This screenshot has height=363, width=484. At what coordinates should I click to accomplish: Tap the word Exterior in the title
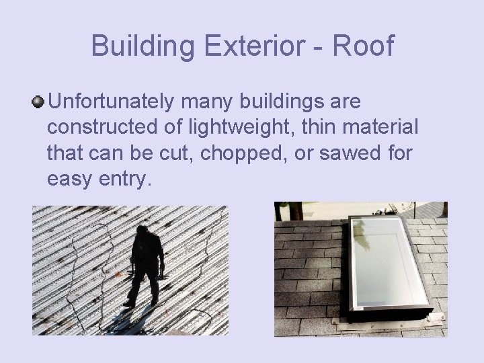coord(249,46)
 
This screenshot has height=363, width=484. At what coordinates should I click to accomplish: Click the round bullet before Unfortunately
coord(38,102)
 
